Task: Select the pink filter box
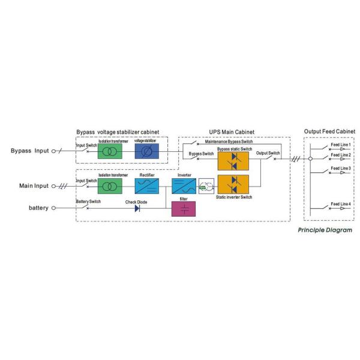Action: [x=184, y=208]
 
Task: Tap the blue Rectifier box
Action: [x=146, y=185]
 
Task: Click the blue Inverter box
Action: [x=184, y=185]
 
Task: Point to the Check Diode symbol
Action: [x=137, y=208]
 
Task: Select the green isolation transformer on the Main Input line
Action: [x=109, y=185]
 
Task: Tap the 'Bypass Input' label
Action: [x=30, y=151]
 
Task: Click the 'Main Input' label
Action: [x=32, y=186]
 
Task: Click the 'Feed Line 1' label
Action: [x=340, y=145]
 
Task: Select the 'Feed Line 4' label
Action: [x=340, y=205]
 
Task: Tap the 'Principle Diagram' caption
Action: [x=325, y=230]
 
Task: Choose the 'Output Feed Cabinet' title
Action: [x=329, y=131]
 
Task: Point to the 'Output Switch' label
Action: [x=268, y=154]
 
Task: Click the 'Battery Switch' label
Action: [x=88, y=202]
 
